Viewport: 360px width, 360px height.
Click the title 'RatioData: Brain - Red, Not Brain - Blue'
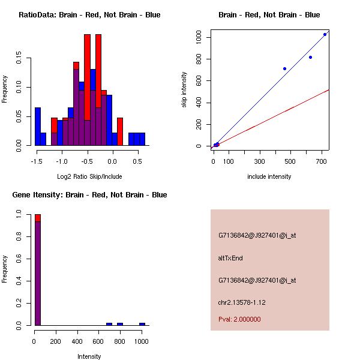pos(89,15)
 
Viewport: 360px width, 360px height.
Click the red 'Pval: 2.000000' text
pos(239,319)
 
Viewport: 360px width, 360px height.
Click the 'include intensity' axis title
pos(269,176)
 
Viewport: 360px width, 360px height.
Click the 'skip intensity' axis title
pos(185,91)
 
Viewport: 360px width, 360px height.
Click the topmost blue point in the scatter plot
pos(325,34)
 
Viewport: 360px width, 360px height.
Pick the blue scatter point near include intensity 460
pos(284,68)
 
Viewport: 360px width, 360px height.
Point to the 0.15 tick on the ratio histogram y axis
pos(20,59)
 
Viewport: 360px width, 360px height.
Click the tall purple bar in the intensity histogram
pos(38,273)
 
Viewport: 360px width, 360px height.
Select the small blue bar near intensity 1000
pos(142,324)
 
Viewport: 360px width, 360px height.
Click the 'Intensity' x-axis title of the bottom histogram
pos(89,356)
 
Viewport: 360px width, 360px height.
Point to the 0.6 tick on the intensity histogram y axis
pos(20,259)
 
